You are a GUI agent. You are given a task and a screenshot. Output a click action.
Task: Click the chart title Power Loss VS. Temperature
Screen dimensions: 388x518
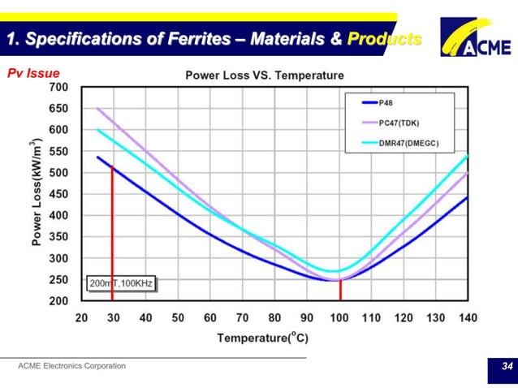click(265, 75)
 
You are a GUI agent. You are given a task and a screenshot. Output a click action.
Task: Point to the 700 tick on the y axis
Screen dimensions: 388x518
click(58, 86)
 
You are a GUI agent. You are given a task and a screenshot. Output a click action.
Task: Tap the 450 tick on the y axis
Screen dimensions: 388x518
click(58, 194)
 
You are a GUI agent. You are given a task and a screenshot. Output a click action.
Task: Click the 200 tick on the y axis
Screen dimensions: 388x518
click(58, 301)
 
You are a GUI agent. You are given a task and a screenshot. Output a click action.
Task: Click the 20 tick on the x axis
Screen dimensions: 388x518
click(81, 318)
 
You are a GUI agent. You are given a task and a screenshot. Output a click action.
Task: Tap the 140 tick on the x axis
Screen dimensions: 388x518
click(468, 318)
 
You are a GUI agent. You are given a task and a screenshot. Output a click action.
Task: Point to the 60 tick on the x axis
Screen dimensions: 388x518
click(209, 318)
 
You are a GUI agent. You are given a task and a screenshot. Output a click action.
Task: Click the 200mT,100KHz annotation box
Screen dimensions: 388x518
click(121, 284)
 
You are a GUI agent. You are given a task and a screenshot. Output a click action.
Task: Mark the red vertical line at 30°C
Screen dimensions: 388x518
click(112, 235)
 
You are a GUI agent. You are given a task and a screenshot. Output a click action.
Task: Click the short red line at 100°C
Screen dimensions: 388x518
click(339, 290)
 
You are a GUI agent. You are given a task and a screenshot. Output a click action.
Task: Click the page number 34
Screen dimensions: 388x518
click(507, 368)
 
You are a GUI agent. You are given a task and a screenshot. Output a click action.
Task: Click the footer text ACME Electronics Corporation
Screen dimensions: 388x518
click(72, 366)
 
